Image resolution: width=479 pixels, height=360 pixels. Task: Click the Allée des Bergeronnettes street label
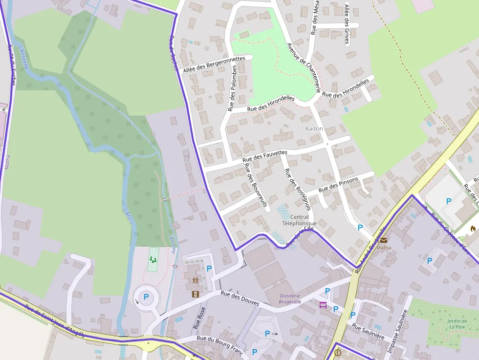pos(214,65)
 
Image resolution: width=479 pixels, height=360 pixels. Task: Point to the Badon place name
pos(314,128)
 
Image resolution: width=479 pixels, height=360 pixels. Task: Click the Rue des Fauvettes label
pos(265,156)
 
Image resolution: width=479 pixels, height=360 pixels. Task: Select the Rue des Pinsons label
pos(338,185)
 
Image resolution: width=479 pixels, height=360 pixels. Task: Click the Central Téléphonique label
pos(300,220)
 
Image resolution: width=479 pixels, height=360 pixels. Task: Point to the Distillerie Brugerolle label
pos(290,298)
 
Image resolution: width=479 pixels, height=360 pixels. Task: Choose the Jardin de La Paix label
pos(457,324)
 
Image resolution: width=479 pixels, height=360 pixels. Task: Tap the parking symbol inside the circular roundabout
pos(146,297)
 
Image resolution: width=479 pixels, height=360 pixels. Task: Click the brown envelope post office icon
pos(383,240)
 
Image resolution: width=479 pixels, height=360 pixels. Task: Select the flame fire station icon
pos(473,228)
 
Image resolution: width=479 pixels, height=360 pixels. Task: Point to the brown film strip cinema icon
pos(196,294)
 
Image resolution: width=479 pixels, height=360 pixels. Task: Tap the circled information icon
pos(338,352)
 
